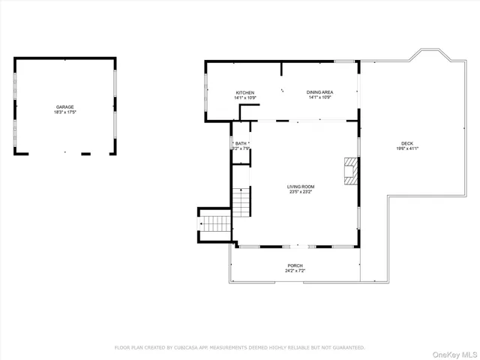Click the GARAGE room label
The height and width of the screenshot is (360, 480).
click(64, 107)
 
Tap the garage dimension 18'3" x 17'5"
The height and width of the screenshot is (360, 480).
click(64, 112)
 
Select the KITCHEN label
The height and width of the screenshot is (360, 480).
click(245, 92)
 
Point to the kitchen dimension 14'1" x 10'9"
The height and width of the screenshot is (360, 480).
click(245, 97)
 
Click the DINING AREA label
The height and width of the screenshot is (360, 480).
click(319, 92)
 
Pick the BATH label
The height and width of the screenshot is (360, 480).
click(241, 142)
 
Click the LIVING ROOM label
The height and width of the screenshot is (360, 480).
click(301, 186)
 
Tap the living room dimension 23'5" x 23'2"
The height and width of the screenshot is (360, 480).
click(301, 191)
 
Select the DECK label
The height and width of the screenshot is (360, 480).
click(406, 143)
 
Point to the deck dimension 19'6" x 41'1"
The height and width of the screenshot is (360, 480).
click(406, 148)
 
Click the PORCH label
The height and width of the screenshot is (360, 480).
click(295, 265)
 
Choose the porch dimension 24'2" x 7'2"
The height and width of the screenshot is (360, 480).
click(295, 271)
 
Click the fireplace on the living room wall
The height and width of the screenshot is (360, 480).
click(351, 170)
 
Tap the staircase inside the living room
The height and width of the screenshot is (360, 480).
click(240, 201)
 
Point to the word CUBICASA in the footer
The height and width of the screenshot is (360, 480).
click(184, 347)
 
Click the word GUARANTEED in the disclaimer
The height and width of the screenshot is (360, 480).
click(349, 347)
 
